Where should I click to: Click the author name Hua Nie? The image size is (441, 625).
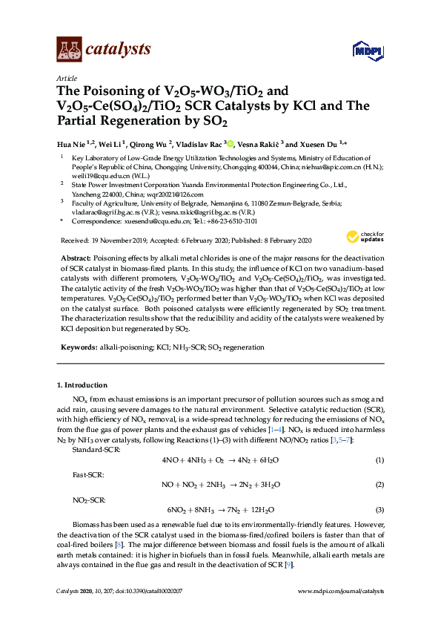tap(71, 144)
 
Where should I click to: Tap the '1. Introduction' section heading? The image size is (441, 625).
tap(82, 385)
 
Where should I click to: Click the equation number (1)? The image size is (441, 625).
tap(379, 461)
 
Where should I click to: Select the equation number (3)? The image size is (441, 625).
tap(379, 510)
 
